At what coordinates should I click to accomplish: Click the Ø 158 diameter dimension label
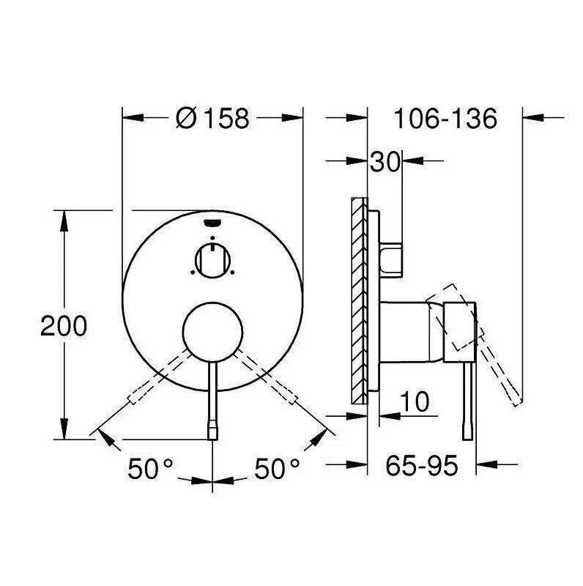click(x=212, y=119)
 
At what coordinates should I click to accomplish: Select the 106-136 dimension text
click(x=445, y=119)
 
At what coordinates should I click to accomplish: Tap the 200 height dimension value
click(x=64, y=326)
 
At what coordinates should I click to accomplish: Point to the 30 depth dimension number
click(x=385, y=162)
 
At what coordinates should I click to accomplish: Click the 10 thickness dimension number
click(x=415, y=401)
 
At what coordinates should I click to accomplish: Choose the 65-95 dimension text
click(x=422, y=466)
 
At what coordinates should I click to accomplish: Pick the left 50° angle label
click(x=150, y=469)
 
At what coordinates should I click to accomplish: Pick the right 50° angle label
click(x=277, y=469)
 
